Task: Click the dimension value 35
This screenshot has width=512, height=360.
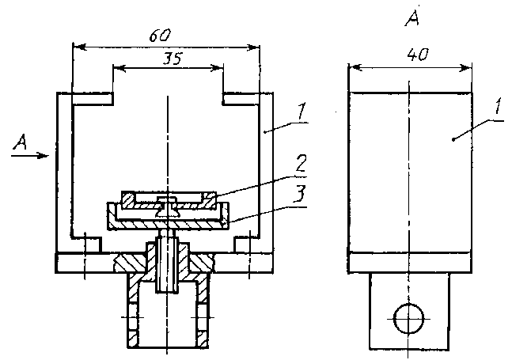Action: (167, 58)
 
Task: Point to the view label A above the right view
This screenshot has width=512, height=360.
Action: (411, 20)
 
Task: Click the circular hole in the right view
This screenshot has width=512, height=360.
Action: (408, 318)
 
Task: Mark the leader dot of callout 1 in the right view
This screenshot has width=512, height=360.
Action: (453, 139)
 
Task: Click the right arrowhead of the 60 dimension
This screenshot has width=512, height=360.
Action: (256, 47)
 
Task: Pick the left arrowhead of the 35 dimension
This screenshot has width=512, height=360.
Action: (117, 69)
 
